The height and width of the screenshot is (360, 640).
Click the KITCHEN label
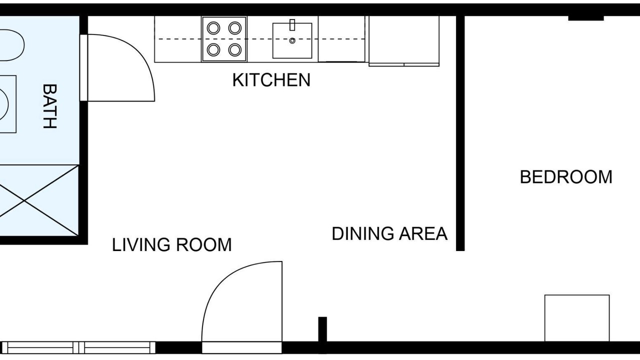pos(271,80)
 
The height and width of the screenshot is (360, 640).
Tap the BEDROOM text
pos(566,177)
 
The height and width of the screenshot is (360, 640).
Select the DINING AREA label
pos(389,233)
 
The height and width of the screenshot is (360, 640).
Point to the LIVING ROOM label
pos(171,245)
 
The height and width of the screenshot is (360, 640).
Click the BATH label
pos(49,106)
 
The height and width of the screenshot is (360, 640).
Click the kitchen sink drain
pos(292,40)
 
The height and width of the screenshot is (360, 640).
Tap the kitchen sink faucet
pos(292,24)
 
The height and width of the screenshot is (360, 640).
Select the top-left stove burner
pos(213,28)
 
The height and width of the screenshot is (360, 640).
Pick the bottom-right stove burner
pos(235,49)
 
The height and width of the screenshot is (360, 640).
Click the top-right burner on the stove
pos(235,28)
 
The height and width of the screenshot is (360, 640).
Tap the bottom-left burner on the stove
pos(213,49)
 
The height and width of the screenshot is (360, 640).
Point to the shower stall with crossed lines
pos(39,200)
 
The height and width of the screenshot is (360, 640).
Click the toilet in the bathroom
pos(11,45)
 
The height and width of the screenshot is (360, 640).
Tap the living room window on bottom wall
pos(78,347)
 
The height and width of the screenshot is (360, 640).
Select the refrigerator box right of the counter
pos(404,41)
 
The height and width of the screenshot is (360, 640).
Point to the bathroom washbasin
pos(7,104)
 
